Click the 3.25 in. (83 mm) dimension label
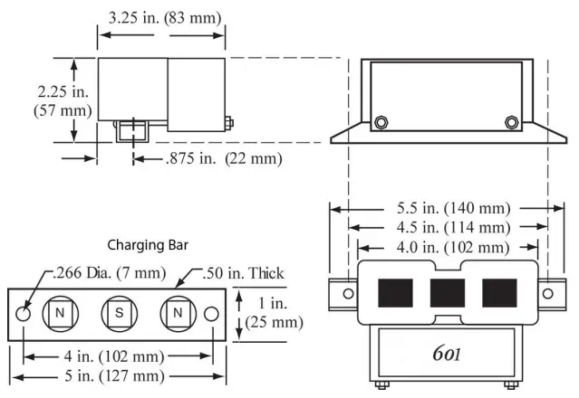[163, 16]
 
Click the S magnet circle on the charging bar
[118, 313]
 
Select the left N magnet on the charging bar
[61, 313]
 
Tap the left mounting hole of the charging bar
[24, 313]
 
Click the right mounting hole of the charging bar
[211, 313]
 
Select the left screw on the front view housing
[381, 122]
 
